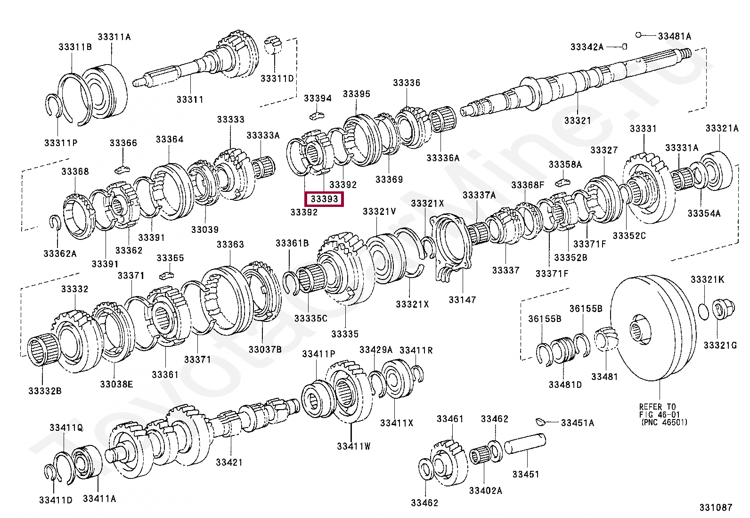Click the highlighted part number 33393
(325, 199)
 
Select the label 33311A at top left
(114, 36)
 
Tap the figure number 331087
(716, 508)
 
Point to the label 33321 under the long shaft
(578, 121)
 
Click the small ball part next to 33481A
(638, 35)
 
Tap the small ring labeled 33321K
(702, 311)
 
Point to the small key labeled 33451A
(541, 421)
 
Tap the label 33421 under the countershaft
(229, 462)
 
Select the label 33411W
(353, 446)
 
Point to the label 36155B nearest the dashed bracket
(544, 319)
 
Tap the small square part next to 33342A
(624, 46)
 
